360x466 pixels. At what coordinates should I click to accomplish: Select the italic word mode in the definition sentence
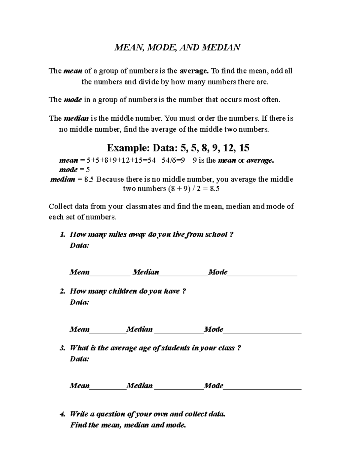73,100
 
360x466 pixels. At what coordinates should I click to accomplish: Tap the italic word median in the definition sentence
76,119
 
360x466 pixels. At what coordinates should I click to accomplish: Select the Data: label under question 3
79,359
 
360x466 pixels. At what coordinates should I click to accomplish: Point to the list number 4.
62,414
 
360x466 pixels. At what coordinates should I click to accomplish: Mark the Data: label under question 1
79,246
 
